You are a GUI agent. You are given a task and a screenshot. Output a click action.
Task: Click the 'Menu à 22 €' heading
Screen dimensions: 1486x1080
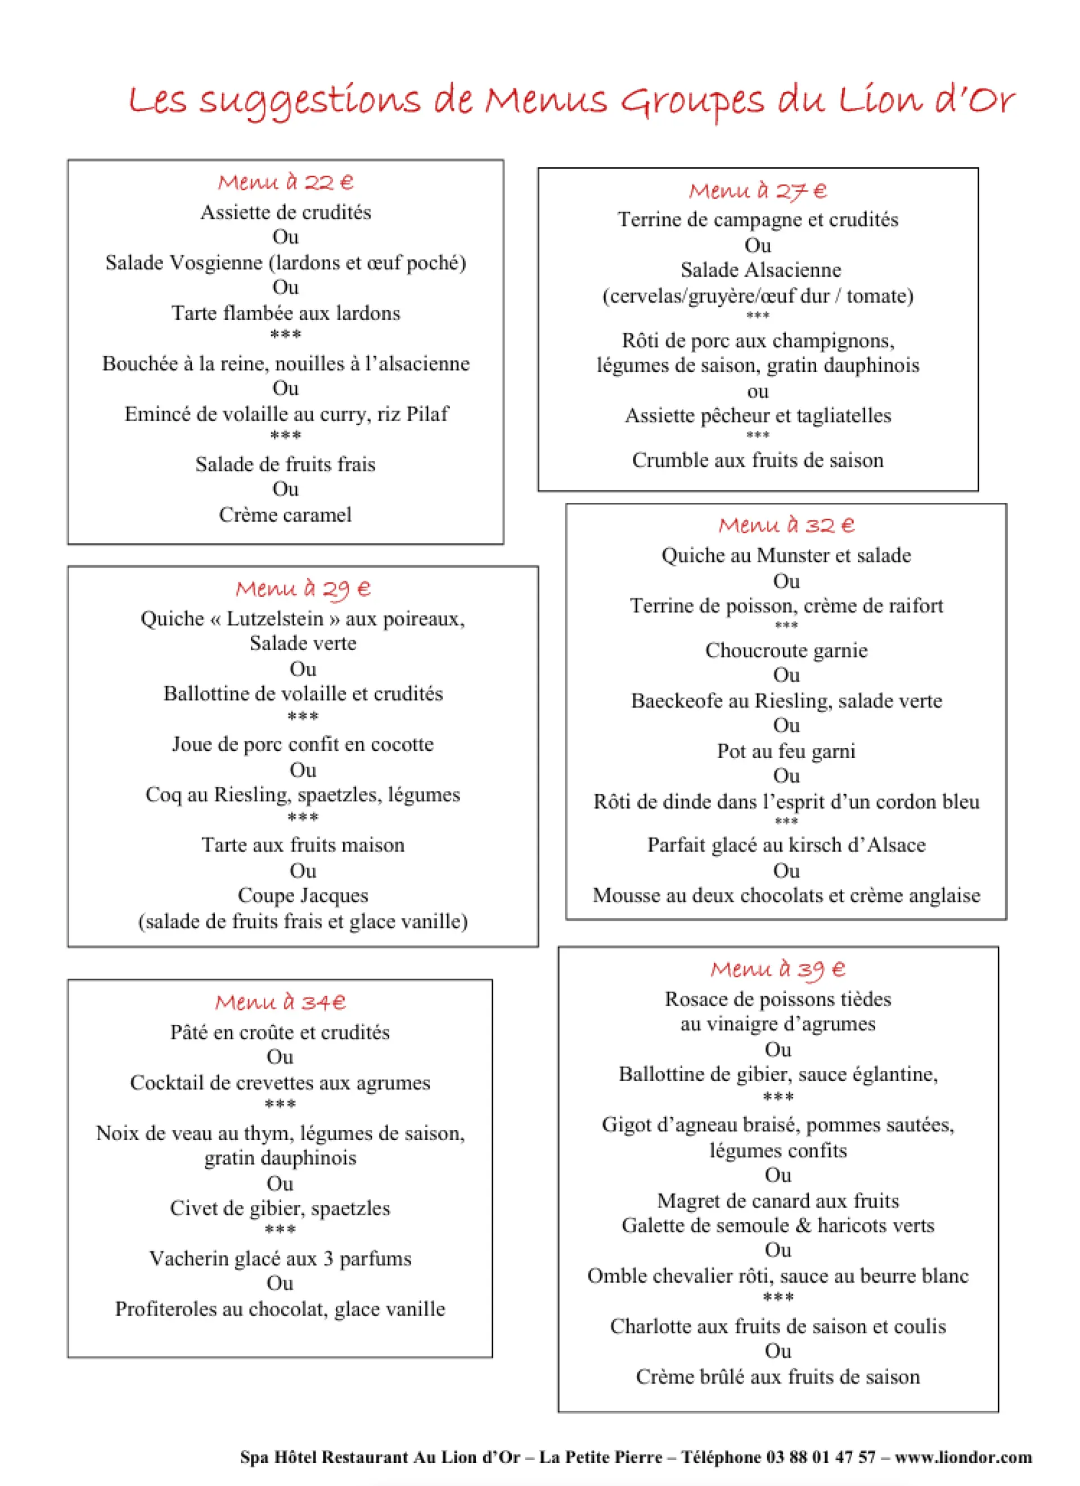click(285, 182)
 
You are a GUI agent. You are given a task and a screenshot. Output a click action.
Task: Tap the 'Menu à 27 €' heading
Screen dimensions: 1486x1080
click(758, 191)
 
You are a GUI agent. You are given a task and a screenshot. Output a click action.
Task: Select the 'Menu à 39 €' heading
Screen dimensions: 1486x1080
click(778, 969)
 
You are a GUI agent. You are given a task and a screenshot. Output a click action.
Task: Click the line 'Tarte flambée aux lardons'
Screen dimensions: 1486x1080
click(286, 313)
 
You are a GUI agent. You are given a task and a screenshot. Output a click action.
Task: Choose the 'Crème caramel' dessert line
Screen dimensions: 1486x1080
click(285, 515)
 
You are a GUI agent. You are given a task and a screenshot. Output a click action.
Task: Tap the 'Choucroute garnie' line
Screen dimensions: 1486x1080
click(786, 650)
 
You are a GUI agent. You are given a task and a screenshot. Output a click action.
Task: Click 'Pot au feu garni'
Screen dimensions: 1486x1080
click(786, 751)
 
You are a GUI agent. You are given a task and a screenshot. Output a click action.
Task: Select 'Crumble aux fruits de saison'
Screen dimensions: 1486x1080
click(758, 460)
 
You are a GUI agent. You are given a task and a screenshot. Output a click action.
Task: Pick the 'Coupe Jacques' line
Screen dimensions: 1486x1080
click(303, 895)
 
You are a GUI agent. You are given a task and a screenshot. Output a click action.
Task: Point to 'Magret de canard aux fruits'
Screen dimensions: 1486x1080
click(778, 1201)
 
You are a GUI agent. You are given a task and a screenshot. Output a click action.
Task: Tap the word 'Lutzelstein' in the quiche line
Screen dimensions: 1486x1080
click(274, 619)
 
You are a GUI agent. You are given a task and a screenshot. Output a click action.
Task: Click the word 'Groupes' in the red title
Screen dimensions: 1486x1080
click(692, 102)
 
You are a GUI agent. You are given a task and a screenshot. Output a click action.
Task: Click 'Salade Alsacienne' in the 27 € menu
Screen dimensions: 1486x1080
click(760, 270)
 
